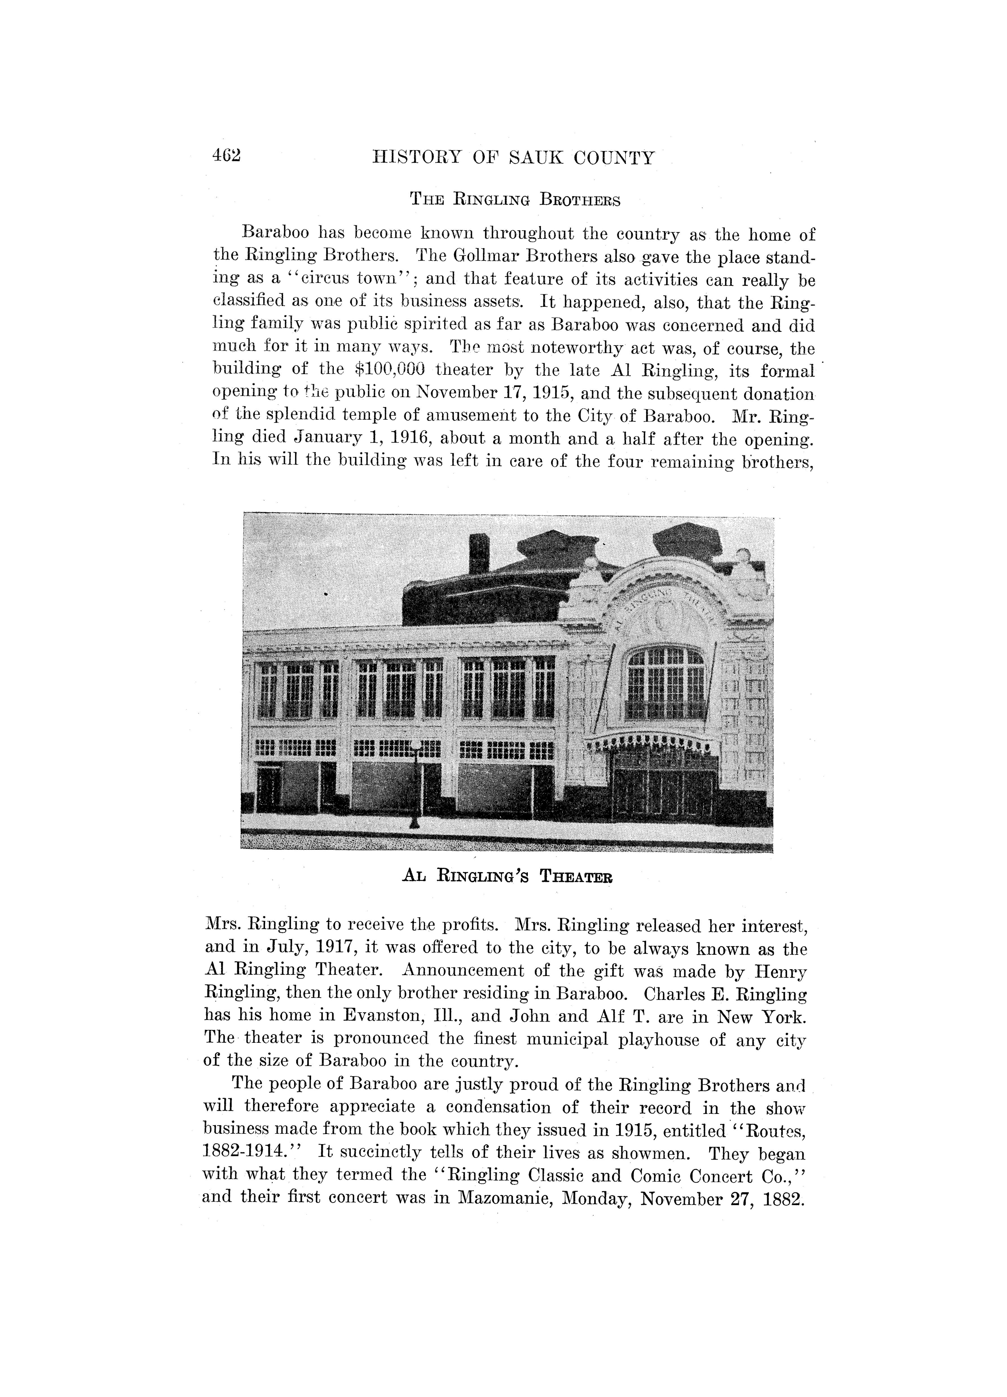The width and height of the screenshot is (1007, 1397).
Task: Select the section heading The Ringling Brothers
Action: [x=515, y=200]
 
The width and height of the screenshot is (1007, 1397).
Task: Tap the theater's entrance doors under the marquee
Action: [x=664, y=792]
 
